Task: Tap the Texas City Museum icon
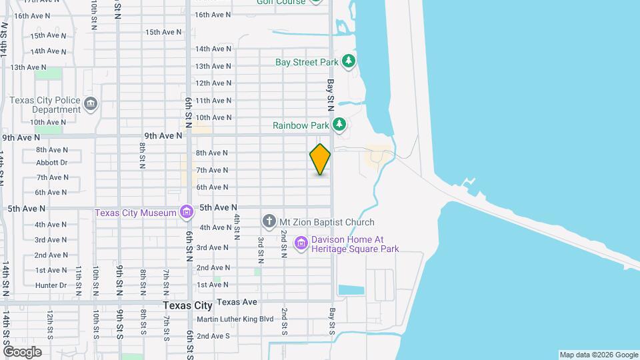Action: pyautogui.click(x=186, y=213)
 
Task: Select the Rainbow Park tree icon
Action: pyautogui.click(x=339, y=125)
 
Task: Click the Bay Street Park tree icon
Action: pyautogui.click(x=348, y=62)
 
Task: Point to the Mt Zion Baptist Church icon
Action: pyautogui.click(x=269, y=221)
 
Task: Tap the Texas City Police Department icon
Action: pyautogui.click(x=91, y=104)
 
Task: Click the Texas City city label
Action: pyautogui.click(x=187, y=305)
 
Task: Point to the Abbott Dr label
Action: pyautogui.click(x=52, y=163)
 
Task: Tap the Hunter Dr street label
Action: pyautogui.click(x=51, y=285)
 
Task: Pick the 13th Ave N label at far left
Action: pyautogui.click(x=27, y=67)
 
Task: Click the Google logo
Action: pyautogui.click(x=22, y=351)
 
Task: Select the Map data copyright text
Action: pyautogui.click(x=598, y=355)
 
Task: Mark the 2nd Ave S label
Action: pyautogui.click(x=213, y=336)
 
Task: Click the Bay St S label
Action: pyautogui.click(x=331, y=321)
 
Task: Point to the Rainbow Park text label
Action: pyautogui.click(x=301, y=125)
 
